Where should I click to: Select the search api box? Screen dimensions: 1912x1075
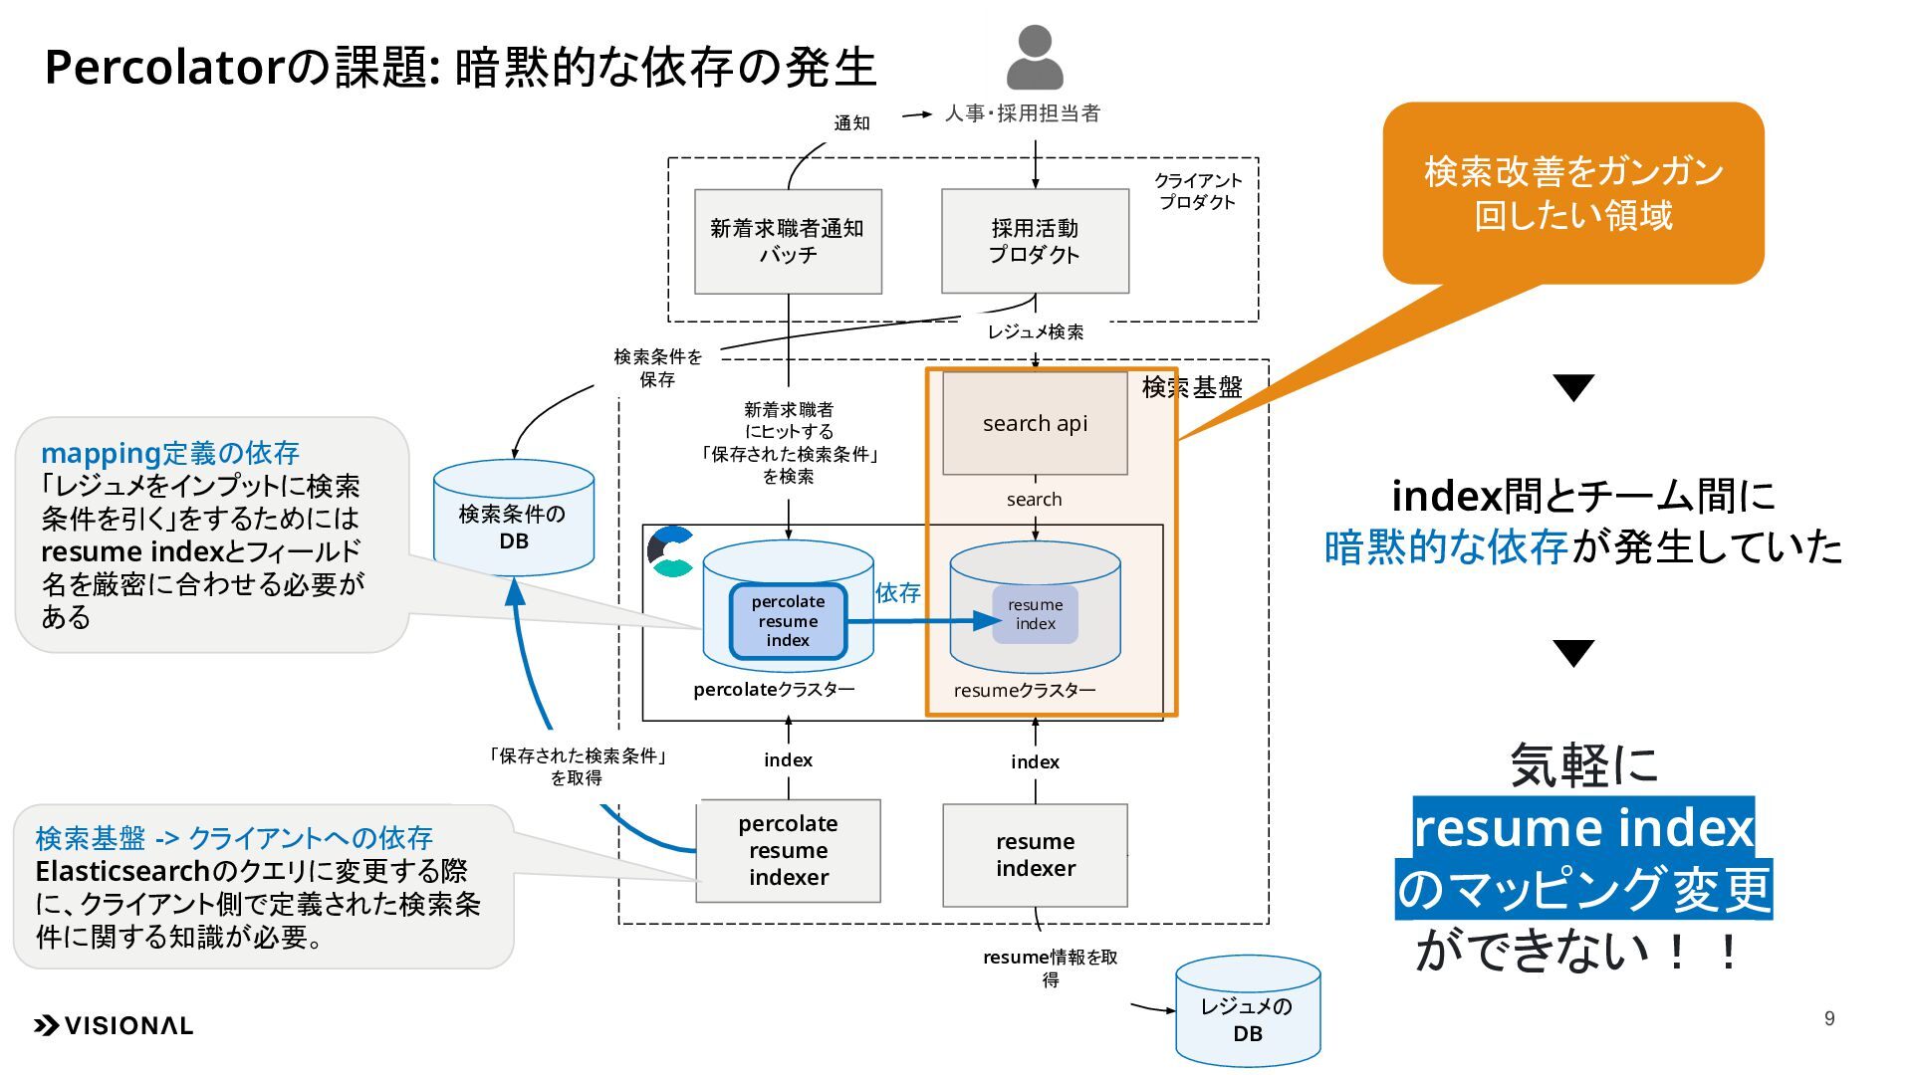[1035, 423]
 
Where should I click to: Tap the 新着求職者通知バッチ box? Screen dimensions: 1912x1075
[788, 241]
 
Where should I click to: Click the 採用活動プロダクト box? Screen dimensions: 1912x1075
[1035, 241]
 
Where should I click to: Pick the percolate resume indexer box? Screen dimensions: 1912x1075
[788, 851]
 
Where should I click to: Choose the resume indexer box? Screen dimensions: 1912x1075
[1035, 855]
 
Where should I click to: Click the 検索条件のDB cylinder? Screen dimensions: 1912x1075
[514, 518]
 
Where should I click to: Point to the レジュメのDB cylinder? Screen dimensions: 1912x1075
[1248, 1010]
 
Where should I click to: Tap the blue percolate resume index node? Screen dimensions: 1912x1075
[788, 621]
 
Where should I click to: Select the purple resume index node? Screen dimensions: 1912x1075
[1035, 614]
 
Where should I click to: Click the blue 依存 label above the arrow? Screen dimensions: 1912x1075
[898, 593]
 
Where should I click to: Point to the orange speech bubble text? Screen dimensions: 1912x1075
[1573, 193]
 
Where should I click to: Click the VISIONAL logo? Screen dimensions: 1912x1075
[114, 1025]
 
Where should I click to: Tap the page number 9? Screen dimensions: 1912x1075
[1829, 1018]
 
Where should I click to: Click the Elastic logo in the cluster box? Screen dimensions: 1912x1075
[671, 552]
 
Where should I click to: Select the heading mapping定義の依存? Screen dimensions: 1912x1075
[170, 453]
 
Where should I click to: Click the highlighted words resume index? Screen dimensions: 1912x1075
[1583, 827]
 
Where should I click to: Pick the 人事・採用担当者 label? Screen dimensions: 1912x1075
[1023, 113]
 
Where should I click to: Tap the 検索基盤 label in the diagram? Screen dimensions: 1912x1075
[1192, 387]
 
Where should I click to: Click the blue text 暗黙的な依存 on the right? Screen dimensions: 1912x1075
[1446, 546]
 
